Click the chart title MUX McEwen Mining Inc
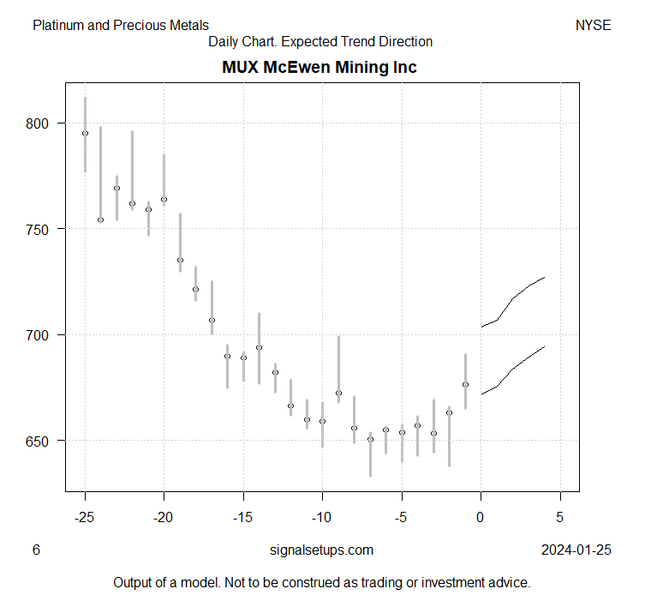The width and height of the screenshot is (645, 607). [x=320, y=67]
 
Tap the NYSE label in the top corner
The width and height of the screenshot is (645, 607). [x=593, y=26]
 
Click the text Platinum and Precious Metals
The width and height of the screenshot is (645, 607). [x=121, y=26]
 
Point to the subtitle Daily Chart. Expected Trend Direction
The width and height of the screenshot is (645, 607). [x=320, y=42]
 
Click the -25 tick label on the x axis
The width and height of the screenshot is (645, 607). [x=84, y=518]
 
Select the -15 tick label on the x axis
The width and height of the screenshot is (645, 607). [x=242, y=518]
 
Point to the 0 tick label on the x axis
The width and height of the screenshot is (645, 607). [x=481, y=518]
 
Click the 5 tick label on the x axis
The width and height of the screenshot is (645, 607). [x=560, y=518]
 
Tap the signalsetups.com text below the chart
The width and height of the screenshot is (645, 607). [x=321, y=550]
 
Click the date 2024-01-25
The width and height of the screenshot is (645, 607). [x=576, y=550]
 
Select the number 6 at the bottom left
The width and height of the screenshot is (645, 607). [x=36, y=550]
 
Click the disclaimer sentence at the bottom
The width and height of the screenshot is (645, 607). [x=322, y=583]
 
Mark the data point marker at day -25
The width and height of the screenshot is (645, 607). [x=85, y=133]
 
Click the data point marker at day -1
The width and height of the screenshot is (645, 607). [x=465, y=384]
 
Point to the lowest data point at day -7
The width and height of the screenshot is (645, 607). [x=370, y=439]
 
